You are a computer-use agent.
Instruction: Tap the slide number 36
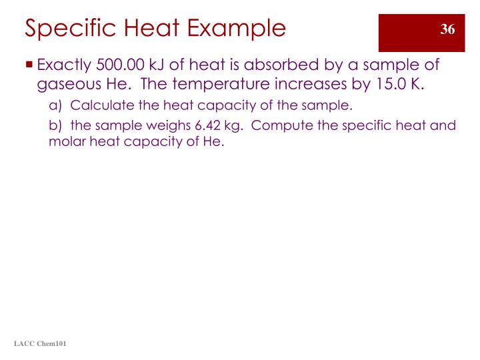coord(447,29)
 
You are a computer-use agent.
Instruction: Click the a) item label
coord(56,106)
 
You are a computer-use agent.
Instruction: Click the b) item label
coord(56,126)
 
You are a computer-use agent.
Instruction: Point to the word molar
coord(66,143)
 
